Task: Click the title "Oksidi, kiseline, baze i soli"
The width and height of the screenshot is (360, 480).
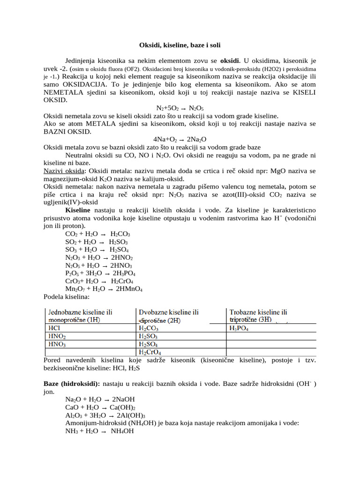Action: tap(180, 45)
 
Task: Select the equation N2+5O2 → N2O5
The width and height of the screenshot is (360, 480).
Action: tap(180, 108)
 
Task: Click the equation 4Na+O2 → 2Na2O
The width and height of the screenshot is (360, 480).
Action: tap(180, 139)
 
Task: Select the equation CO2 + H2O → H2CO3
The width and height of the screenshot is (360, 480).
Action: tap(97, 234)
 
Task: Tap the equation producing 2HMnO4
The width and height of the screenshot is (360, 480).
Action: tap(104, 289)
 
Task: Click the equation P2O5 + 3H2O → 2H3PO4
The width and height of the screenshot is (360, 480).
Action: tap(100, 273)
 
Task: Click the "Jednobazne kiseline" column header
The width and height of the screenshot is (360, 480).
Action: tap(81, 315)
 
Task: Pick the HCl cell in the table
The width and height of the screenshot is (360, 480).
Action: tap(54, 329)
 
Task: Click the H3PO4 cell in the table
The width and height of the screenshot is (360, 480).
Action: tap(239, 329)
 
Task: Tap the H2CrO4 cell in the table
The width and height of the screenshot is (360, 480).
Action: tap(150, 352)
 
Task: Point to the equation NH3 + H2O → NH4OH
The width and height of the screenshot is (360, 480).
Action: tap(99, 431)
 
